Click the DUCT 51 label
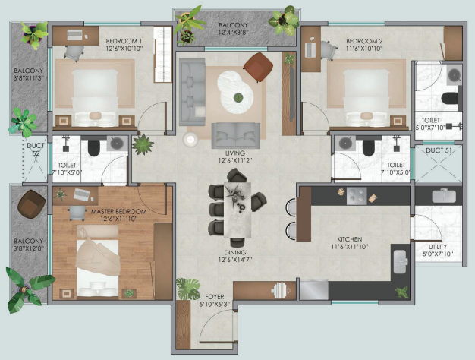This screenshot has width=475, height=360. click(439, 150)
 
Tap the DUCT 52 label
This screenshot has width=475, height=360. click(36, 149)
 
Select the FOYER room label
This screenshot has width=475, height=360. click(215, 297)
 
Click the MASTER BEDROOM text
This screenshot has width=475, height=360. click(118, 211)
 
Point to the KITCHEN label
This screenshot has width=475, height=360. click(350, 239)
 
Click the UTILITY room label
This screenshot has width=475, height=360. click(438, 247)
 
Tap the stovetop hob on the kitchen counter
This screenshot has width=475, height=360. click(357, 196)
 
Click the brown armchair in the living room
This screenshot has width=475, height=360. click(259, 67)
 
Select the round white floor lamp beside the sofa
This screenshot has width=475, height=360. click(190, 140)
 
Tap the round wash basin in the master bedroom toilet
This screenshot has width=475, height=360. click(117, 143)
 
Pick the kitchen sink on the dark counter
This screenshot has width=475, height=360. click(401, 261)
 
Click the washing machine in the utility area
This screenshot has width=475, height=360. click(444, 196)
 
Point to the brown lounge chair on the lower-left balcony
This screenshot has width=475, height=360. click(32, 204)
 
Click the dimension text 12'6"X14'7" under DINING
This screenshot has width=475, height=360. click(235, 260)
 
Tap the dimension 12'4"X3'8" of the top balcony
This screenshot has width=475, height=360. click(233, 32)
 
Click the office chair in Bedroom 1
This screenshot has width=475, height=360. click(74, 52)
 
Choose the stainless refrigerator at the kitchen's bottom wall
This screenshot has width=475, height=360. click(314, 290)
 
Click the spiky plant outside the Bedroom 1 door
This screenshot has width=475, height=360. click(143, 144)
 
